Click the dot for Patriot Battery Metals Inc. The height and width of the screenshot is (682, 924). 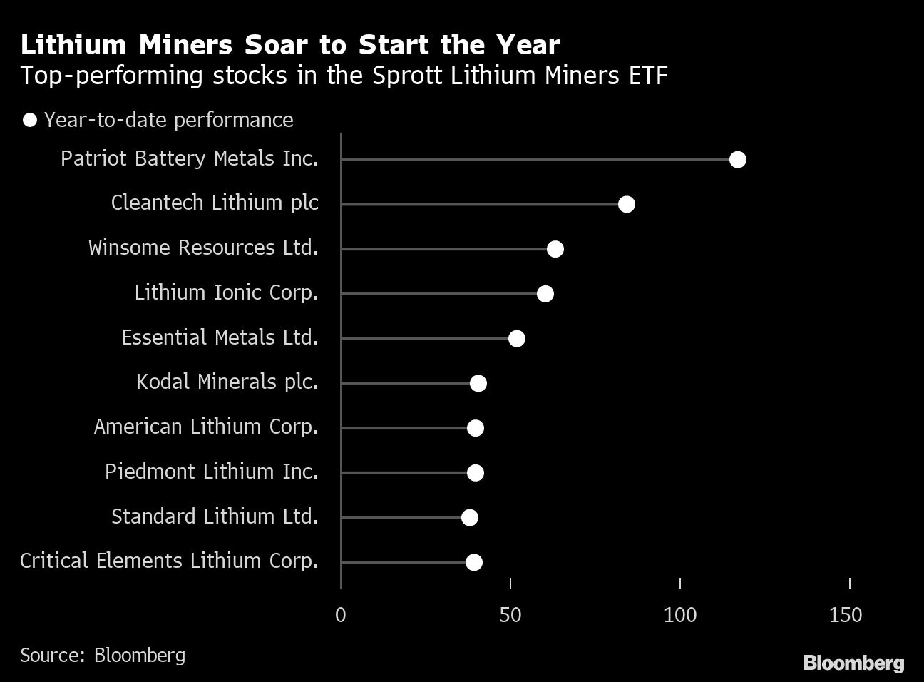[x=738, y=159]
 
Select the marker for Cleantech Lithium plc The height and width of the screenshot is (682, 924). [x=627, y=204]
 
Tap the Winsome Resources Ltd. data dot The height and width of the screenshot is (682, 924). [x=555, y=249]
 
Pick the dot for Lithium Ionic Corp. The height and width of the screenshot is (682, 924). [x=545, y=294]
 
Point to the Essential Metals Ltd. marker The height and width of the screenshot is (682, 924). [x=517, y=338]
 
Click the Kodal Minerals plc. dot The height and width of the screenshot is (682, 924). [x=478, y=383]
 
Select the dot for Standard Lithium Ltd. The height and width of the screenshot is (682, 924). [x=470, y=517]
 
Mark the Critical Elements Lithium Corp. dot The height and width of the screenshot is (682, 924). [x=474, y=562]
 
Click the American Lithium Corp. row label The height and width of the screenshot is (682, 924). [x=205, y=427]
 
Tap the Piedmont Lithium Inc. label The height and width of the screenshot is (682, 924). [x=211, y=472]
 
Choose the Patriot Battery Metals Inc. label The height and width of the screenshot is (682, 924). [x=189, y=158]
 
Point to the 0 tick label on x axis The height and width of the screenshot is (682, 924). [x=341, y=614]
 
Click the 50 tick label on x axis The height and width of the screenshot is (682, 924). [x=510, y=614]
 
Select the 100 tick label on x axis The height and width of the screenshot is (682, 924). [x=680, y=614]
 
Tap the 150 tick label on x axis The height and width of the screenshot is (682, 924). [x=846, y=614]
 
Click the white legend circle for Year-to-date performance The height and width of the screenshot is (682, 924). [x=30, y=120]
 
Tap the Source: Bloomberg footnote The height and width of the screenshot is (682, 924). [x=103, y=655]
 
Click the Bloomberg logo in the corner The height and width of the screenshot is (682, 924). [x=853, y=663]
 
